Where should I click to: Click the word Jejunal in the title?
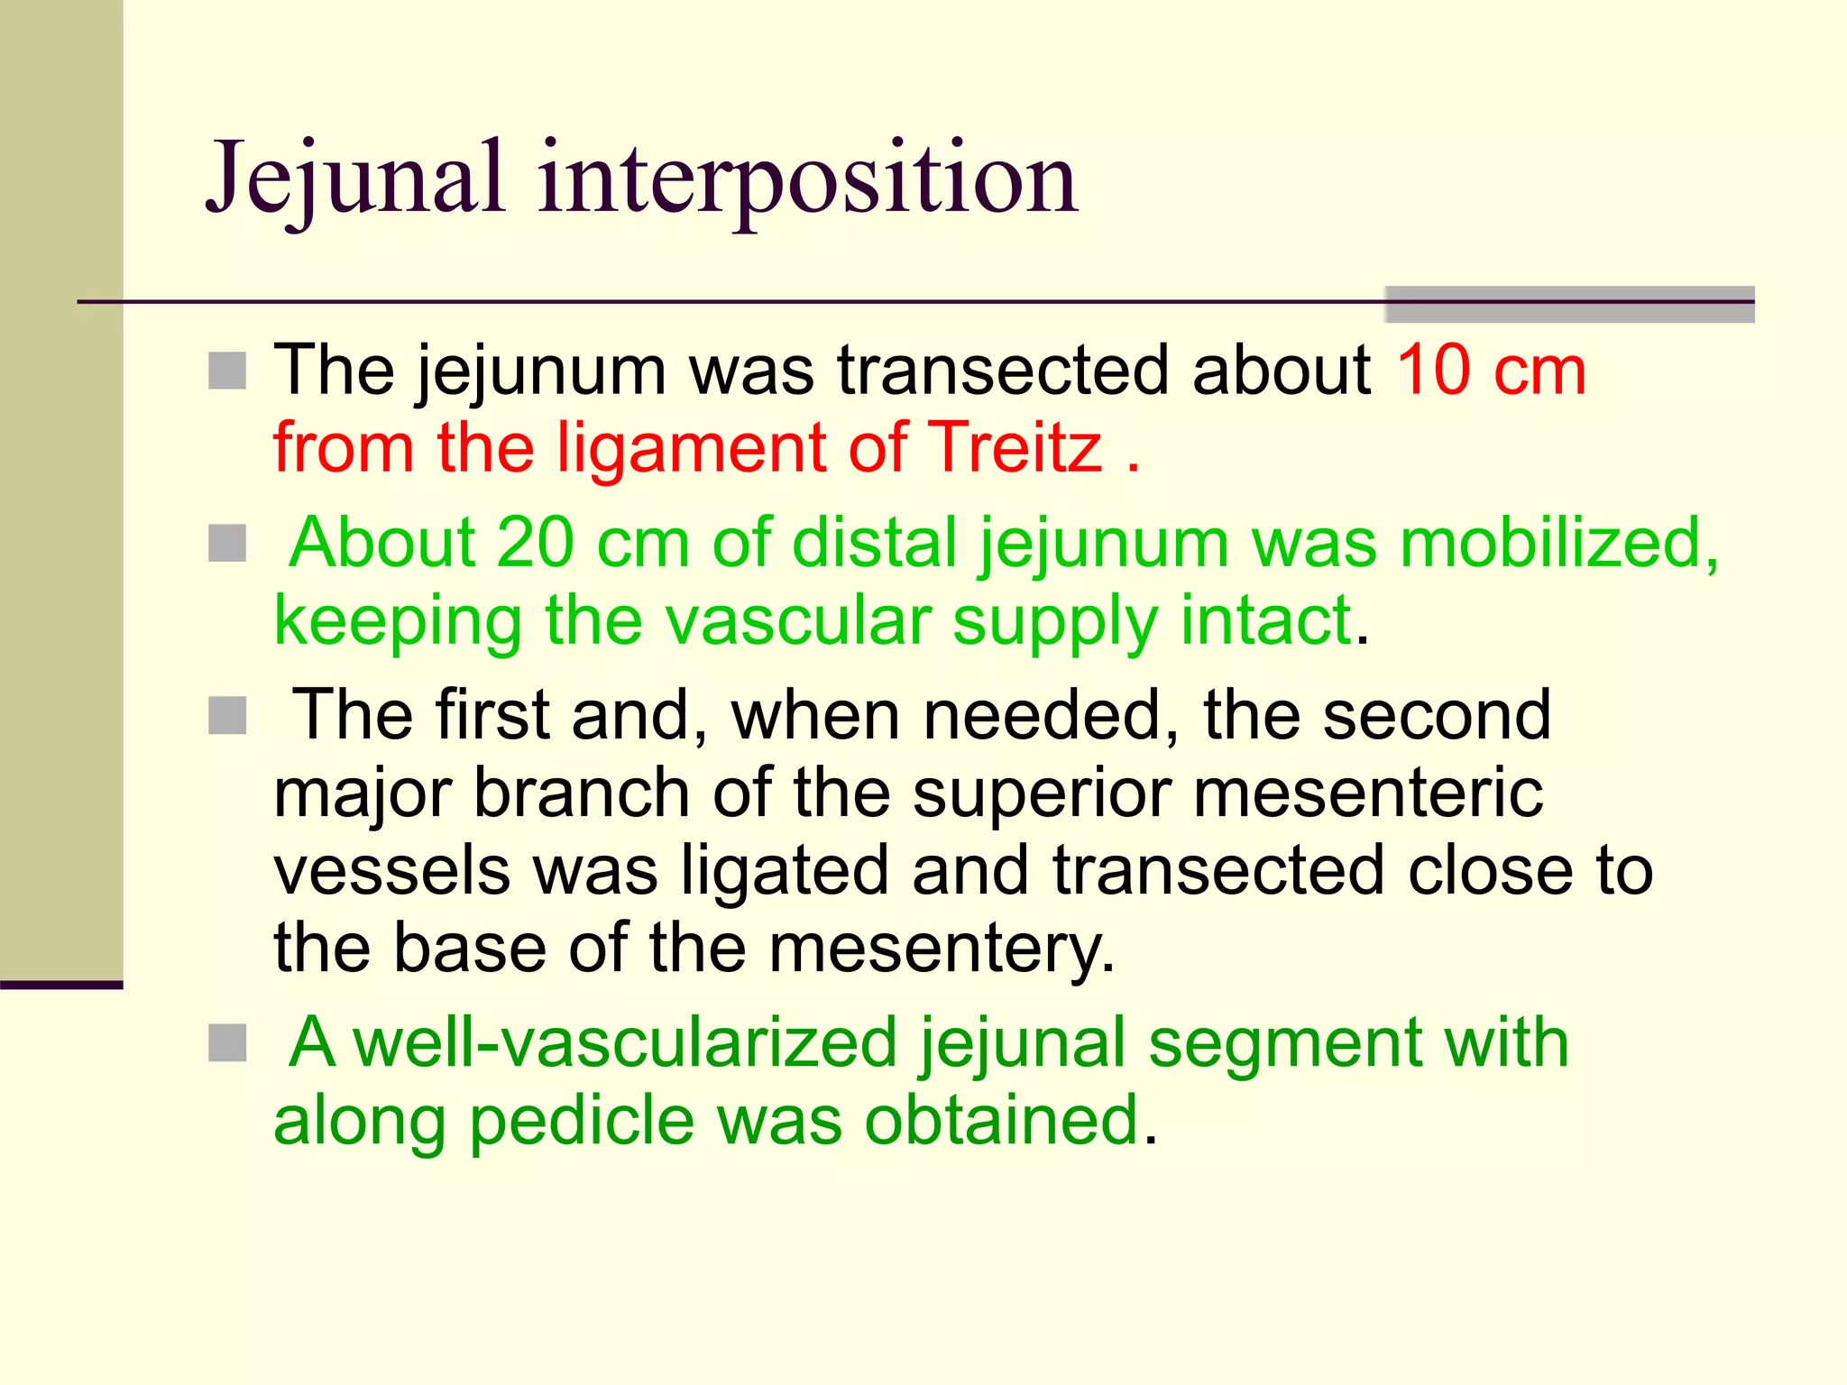coord(354,179)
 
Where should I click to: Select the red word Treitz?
coord(1015,447)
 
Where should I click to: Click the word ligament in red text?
coord(691,449)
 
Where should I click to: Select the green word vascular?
coord(798,620)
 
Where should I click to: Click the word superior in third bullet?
coord(1041,793)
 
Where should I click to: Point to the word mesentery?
coord(942,949)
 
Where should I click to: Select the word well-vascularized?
coord(624,1042)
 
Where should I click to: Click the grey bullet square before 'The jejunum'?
coord(227,371)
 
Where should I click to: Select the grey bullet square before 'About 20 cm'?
coord(227,544)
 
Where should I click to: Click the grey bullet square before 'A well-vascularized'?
coord(227,1043)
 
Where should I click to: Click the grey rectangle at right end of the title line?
coord(1569,305)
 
